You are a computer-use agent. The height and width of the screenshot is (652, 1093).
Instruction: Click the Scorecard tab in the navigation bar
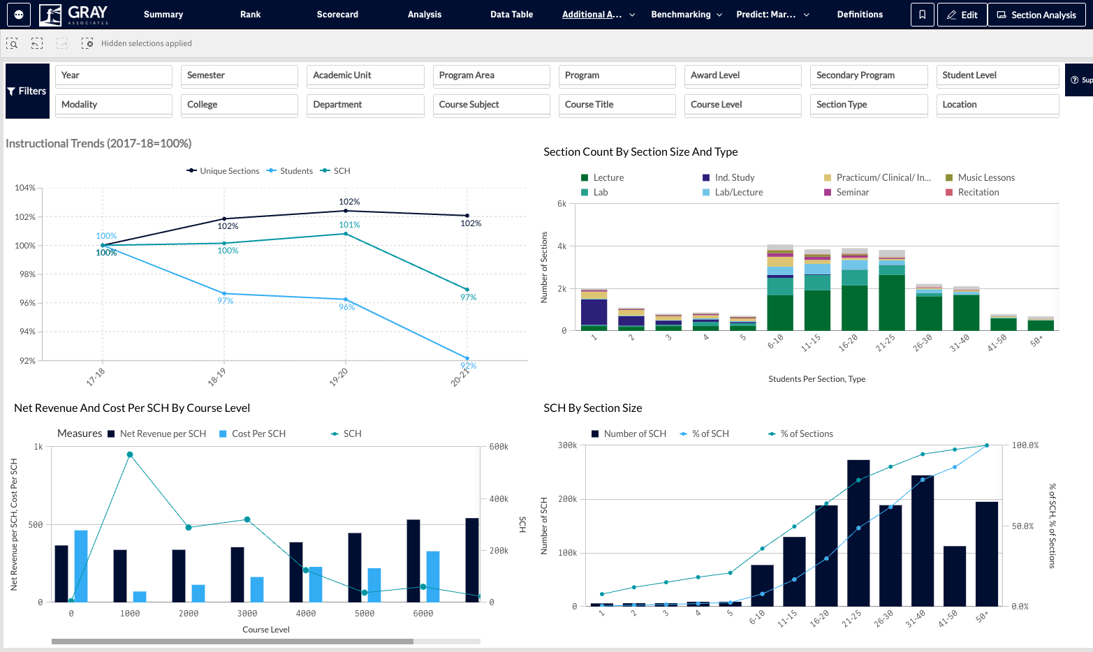[x=337, y=15]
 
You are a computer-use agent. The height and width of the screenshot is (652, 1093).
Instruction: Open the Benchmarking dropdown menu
[x=686, y=15]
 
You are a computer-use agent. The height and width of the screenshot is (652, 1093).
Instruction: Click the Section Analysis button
[x=1036, y=15]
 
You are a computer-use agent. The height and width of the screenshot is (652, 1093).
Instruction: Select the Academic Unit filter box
[x=365, y=75]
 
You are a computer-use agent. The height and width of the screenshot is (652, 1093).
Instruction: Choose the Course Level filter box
[x=742, y=105]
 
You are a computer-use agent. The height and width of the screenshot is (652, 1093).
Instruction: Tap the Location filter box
[x=997, y=105]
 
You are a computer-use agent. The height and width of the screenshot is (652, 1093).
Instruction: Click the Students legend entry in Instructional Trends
[x=290, y=171]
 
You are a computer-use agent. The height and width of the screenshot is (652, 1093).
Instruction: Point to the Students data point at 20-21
[x=467, y=358]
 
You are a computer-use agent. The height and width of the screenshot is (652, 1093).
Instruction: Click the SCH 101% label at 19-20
[x=349, y=225]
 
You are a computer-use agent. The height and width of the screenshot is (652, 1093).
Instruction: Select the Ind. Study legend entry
[x=728, y=177]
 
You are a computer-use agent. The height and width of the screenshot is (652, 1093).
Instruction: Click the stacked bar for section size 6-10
[x=779, y=287]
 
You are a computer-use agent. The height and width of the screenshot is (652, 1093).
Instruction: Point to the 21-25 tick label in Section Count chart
[x=885, y=343]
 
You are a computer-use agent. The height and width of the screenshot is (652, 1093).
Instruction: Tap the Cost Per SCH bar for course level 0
[x=81, y=566]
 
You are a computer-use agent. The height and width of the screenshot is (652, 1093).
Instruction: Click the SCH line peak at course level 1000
[x=130, y=454]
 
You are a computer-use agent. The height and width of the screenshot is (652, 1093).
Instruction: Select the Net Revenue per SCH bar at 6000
[x=413, y=561]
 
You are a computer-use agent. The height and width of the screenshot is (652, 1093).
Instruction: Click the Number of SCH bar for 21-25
[x=858, y=533]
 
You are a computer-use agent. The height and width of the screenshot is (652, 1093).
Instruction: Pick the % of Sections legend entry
[x=800, y=434]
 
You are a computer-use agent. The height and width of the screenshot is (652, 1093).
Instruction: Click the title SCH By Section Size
[x=592, y=408]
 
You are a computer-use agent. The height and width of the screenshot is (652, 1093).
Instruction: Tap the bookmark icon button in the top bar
[x=922, y=15]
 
